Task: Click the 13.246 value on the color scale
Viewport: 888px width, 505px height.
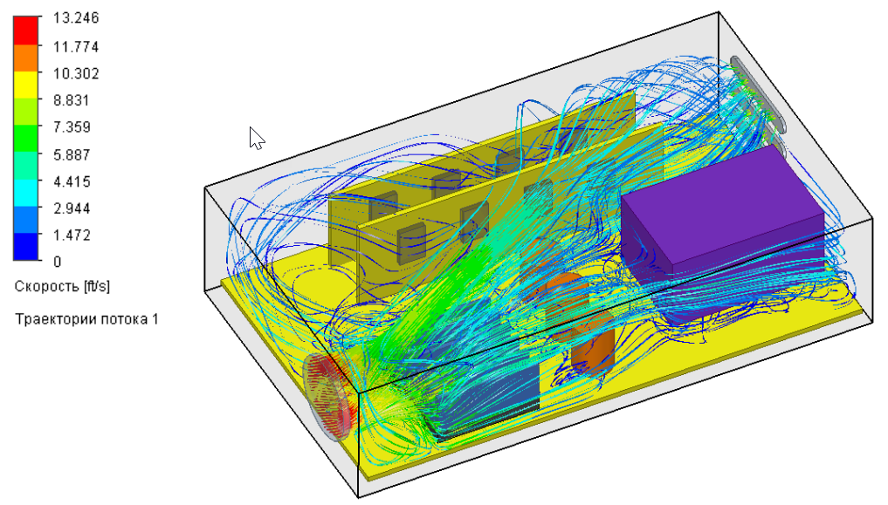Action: point(76,18)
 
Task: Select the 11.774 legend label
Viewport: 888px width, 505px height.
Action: point(76,46)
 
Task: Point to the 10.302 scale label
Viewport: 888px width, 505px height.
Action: point(76,73)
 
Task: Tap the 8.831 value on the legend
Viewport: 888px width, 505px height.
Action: point(72,100)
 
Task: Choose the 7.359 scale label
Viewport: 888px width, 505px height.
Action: point(72,126)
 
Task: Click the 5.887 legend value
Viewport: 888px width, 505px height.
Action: point(72,154)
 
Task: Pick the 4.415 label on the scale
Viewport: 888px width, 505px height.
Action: point(72,181)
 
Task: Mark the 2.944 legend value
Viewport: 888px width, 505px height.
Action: point(72,208)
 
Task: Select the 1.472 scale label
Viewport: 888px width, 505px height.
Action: point(72,235)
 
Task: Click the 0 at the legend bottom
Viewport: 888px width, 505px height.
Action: point(58,262)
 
